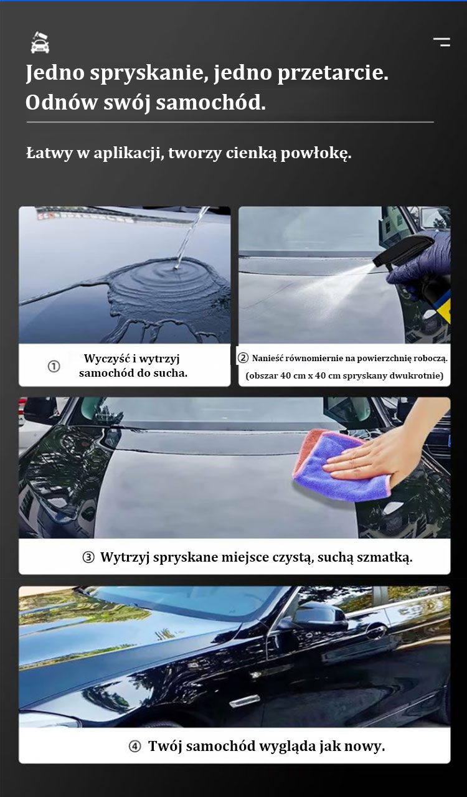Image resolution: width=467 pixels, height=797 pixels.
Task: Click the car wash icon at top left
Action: click(x=40, y=43)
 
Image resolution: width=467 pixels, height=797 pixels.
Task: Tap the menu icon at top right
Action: click(x=441, y=42)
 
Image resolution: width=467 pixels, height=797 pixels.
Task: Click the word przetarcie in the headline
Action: click(x=333, y=73)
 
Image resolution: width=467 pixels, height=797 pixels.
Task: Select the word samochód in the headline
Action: click(x=210, y=103)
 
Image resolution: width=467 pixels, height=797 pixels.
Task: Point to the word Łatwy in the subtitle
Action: click(x=49, y=153)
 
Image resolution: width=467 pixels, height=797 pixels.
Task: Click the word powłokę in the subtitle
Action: click(x=316, y=153)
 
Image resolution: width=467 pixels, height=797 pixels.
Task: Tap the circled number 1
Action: click(x=54, y=366)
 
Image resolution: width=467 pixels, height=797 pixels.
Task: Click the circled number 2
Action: click(x=243, y=357)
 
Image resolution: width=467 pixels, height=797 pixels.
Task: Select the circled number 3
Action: click(x=88, y=557)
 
